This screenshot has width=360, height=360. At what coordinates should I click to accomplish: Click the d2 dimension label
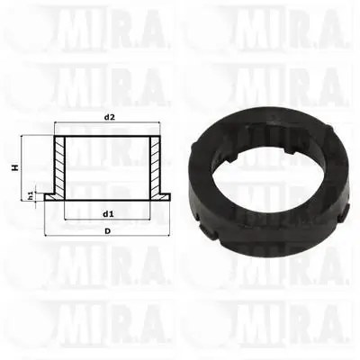pos(110,117)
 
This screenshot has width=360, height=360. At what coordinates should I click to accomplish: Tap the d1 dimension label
pos(108,214)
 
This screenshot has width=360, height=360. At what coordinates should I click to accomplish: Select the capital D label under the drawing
pos(107,231)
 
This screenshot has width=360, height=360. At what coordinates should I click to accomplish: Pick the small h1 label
pos(31,196)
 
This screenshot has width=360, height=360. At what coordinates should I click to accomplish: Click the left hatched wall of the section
pos(59,167)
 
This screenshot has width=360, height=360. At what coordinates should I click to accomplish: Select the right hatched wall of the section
pos(156,167)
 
